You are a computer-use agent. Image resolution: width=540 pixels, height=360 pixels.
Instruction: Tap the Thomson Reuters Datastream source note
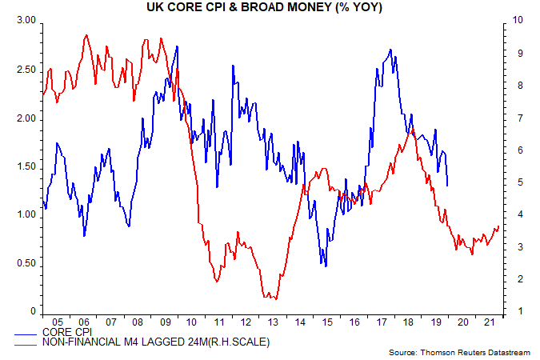click(x=463, y=352)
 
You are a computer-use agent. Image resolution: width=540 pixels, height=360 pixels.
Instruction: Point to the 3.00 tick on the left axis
click(x=26, y=21)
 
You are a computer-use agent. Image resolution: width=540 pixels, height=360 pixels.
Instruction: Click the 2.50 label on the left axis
click(x=26, y=70)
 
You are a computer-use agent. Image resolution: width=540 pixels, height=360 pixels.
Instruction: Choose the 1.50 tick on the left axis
click(x=26, y=166)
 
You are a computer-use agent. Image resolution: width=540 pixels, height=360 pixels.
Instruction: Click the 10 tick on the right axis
click(x=513, y=21)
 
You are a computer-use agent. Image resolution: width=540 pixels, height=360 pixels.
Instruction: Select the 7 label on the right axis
click(x=510, y=118)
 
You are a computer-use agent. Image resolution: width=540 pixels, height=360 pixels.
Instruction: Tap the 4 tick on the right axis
click(x=510, y=214)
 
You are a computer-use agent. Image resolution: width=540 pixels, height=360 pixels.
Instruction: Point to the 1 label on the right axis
click(x=510, y=311)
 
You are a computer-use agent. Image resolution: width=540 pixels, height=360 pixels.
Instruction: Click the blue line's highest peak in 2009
click(x=177, y=46)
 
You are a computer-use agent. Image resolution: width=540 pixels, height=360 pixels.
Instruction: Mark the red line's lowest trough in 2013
click(x=274, y=299)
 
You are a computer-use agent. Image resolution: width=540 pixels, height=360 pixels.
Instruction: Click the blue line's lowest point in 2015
click(x=326, y=266)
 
